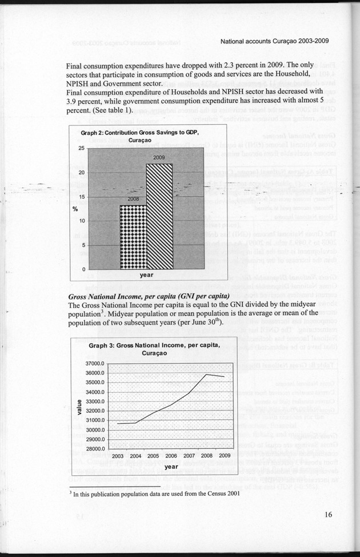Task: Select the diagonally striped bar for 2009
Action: [x=159, y=216]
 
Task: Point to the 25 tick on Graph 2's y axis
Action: [x=82, y=148]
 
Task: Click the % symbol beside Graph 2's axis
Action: [x=75, y=208]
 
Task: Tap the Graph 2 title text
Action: [x=139, y=136]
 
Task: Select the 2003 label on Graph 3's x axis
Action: [x=118, y=456]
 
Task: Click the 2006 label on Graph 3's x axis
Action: [x=171, y=456]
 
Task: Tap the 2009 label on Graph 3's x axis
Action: [x=225, y=456]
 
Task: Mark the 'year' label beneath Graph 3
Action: [x=171, y=467]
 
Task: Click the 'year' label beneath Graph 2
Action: [x=146, y=275]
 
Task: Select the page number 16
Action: [x=327, y=515]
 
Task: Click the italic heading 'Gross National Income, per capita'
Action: [x=149, y=296]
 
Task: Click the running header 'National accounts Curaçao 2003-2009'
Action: [x=275, y=41]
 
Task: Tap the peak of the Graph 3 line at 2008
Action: [x=207, y=374]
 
